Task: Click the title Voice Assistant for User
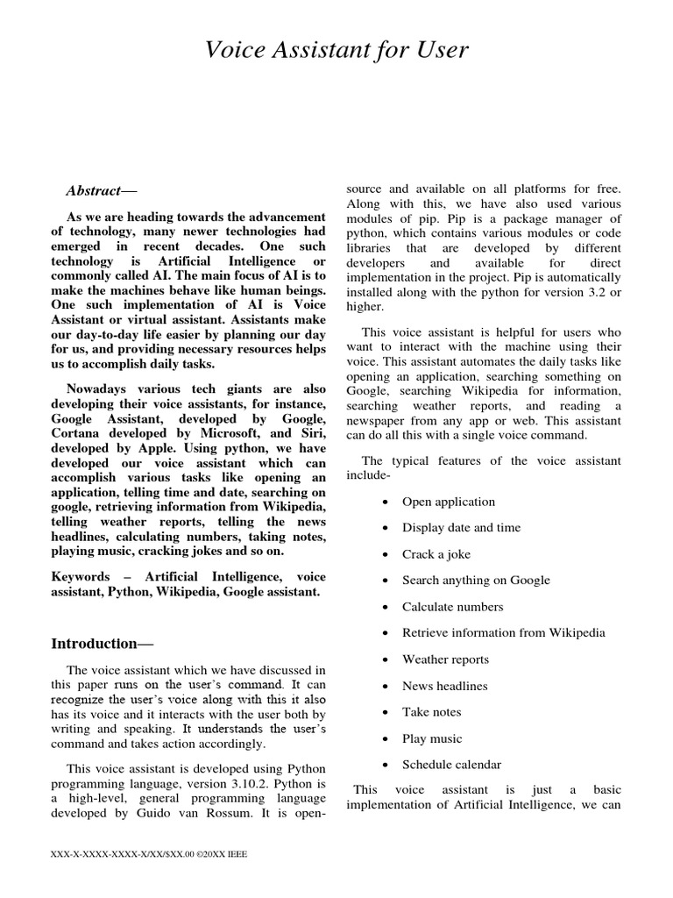(x=336, y=51)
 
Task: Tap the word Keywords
(x=81, y=577)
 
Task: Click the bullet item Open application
(x=448, y=502)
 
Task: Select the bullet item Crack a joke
(x=437, y=554)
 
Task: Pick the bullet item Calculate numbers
(x=452, y=607)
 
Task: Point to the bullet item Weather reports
(x=445, y=659)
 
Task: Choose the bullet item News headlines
(x=444, y=686)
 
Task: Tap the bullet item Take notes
(x=431, y=712)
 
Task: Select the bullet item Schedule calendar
(x=451, y=765)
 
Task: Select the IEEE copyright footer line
(x=151, y=853)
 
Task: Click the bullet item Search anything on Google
(x=476, y=581)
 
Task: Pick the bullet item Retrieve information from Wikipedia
(x=503, y=633)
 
